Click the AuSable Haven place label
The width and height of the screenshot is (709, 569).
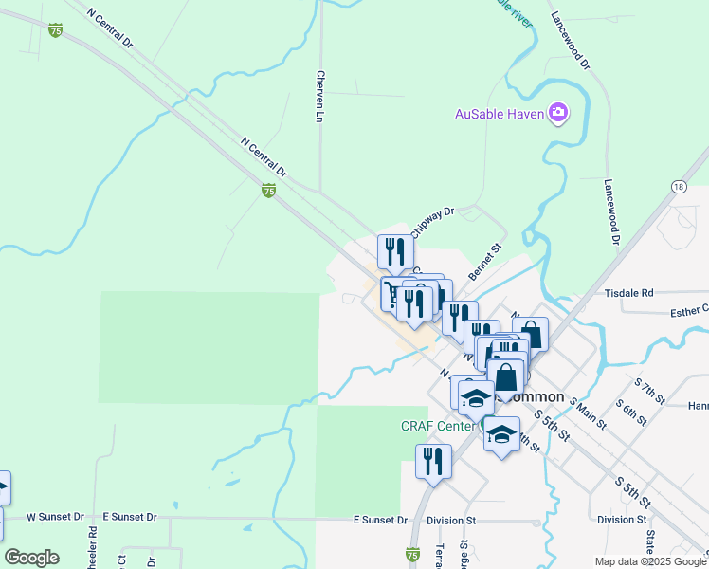coord(500,114)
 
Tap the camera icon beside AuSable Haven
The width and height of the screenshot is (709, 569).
coord(558,114)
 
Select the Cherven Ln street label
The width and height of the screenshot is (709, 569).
coord(320,97)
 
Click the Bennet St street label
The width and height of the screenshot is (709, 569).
coord(489,259)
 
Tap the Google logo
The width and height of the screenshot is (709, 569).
coord(31,557)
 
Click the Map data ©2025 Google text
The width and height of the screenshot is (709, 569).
coord(649,561)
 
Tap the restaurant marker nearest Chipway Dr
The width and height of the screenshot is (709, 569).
coord(395,251)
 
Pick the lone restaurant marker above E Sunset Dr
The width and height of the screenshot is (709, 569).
coord(433,461)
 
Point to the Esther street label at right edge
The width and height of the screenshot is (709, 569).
coord(689,309)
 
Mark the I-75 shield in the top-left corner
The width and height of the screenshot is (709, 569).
coord(56,30)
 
